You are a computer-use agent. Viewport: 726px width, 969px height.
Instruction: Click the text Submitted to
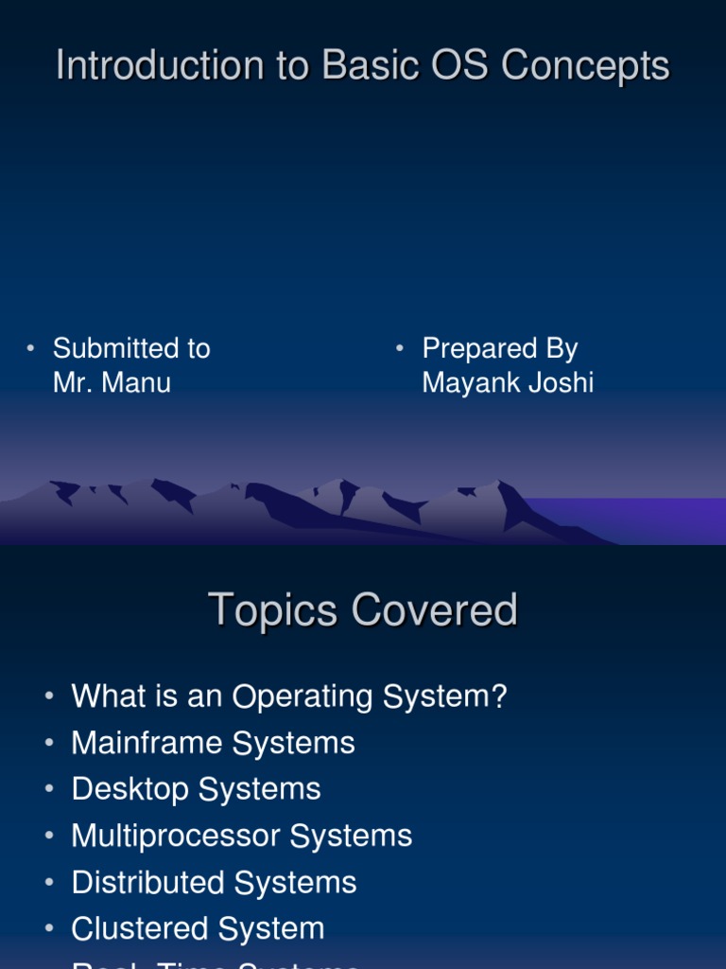click(x=131, y=348)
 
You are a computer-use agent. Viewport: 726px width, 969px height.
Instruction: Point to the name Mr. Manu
click(x=112, y=383)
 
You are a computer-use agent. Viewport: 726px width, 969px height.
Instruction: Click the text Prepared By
click(x=499, y=348)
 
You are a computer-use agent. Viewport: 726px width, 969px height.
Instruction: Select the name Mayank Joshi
click(x=508, y=383)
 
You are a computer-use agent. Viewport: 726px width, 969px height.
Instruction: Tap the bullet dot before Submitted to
click(x=30, y=349)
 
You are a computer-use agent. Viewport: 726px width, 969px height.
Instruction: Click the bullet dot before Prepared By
click(x=400, y=349)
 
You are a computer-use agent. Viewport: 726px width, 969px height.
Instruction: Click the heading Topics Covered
click(x=363, y=610)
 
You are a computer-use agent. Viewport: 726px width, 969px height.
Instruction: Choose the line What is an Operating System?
click(x=289, y=697)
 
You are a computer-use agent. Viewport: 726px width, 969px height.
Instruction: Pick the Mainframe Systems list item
click(x=213, y=743)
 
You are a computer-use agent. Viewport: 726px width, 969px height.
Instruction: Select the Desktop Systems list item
click(x=196, y=789)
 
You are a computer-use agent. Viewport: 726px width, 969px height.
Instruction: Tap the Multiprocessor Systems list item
click(x=242, y=836)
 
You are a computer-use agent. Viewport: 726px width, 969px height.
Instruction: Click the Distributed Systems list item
click(x=214, y=882)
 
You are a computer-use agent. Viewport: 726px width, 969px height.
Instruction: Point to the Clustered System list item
click(x=198, y=928)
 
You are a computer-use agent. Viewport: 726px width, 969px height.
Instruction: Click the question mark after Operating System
click(x=498, y=697)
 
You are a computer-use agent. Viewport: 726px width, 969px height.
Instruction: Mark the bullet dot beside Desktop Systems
click(x=49, y=790)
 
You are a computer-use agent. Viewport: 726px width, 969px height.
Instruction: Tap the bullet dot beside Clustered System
click(x=49, y=929)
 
